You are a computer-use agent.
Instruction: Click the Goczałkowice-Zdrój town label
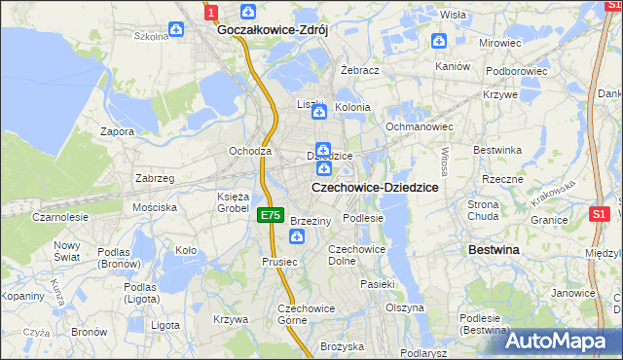pos(273,30)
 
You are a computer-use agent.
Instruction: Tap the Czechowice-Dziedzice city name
pos(374,187)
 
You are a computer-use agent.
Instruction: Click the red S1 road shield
pos(600,213)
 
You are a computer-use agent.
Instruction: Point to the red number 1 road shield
pos(211,11)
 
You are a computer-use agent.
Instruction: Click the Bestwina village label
pos(494,250)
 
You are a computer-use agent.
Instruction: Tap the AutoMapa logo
pos(562,341)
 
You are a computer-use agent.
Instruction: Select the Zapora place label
pos(118,130)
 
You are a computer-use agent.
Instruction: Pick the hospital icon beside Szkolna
pos(176,30)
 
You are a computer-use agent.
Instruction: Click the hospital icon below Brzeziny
pos(297,237)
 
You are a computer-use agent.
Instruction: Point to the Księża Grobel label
pos(234,202)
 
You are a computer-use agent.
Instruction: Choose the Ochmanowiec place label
pos(420,126)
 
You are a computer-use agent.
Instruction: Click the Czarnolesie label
pos(59,217)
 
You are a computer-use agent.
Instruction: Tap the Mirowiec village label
pos(500,44)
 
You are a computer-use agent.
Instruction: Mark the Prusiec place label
pos(278,262)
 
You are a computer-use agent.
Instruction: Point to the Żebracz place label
pos(360,71)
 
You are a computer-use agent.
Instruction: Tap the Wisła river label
pos(453,15)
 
